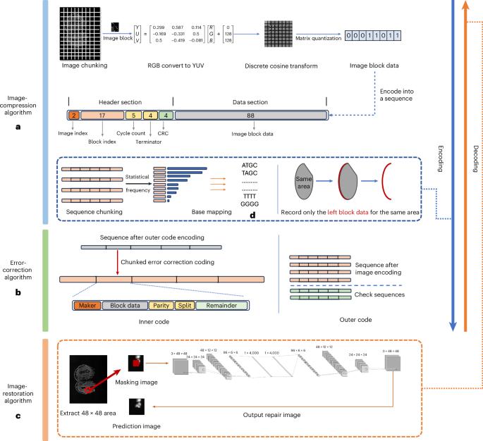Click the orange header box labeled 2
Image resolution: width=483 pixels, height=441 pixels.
[73, 114]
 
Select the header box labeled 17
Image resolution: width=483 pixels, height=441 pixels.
[102, 114]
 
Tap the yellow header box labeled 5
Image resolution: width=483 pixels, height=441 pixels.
[134, 114]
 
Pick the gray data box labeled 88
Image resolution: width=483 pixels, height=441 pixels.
[250, 114]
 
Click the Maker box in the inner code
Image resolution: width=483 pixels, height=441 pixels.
[87, 305]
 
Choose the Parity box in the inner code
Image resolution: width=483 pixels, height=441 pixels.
[158, 305]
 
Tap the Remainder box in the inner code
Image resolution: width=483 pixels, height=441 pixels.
[221, 305]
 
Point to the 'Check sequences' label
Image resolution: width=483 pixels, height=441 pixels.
[380, 294]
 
